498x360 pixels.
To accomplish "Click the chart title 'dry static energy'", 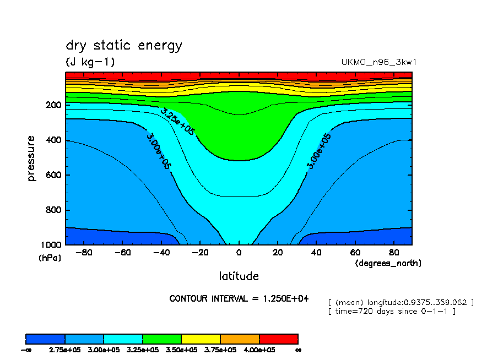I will click(x=123, y=46).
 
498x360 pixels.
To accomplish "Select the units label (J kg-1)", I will click(x=90, y=62).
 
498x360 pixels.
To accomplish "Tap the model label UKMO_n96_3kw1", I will click(x=379, y=62).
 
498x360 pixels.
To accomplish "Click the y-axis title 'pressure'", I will click(x=31, y=159).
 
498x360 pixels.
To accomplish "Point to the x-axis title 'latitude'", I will click(x=239, y=276).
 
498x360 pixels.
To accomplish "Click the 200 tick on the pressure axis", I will click(x=53, y=105).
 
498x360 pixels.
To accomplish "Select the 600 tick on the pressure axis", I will click(x=53, y=175).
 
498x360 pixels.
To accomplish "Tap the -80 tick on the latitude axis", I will click(x=82, y=253).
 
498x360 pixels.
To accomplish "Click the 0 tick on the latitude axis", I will click(x=239, y=253).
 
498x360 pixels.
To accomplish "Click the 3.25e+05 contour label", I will click(x=178, y=121).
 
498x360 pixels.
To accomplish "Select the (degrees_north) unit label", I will click(x=388, y=263).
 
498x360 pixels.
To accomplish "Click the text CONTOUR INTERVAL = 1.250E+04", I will click(x=239, y=299).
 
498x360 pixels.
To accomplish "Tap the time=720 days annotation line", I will click(x=391, y=312).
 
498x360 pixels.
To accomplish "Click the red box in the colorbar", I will click(x=279, y=339).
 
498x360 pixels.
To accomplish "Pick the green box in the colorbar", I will click(x=162, y=339).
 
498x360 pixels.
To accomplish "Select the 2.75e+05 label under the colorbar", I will click(x=65, y=350).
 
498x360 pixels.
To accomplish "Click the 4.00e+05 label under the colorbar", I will click(x=259, y=350).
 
